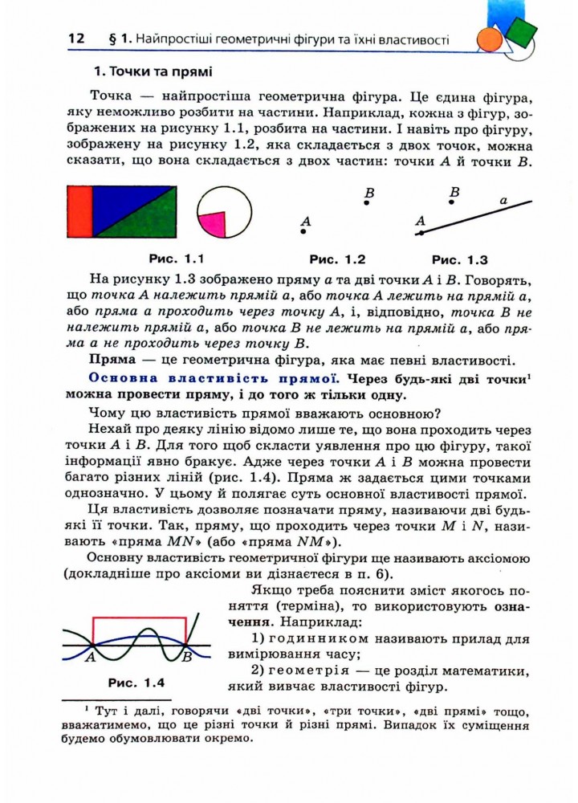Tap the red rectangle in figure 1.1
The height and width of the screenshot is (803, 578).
coord(81,213)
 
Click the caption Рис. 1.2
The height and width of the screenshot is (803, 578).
coord(337,259)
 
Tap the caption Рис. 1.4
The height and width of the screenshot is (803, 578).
coord(136,683)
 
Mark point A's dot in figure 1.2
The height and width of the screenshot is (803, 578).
coord(303,232)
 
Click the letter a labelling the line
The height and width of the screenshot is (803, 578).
coord(503,199)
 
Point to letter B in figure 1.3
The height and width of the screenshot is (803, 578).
coord(454,192)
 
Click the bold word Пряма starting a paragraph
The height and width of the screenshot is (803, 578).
coord(112,358)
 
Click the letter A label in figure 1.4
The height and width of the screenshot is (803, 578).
coord(90,657)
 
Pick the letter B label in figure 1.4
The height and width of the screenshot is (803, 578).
coord(186,658)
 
